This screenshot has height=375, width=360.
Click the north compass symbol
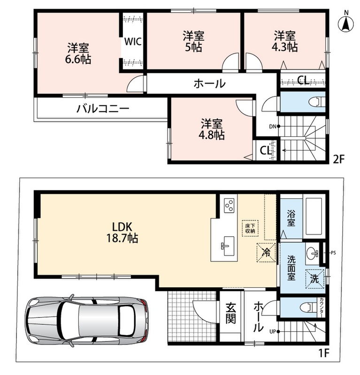(346, 22)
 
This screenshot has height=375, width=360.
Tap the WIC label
(133, 42)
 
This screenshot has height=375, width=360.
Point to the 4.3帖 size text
(284, 47)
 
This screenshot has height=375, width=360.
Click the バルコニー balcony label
(103, 109)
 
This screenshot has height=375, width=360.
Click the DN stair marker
(275, 127)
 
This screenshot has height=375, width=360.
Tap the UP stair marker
(275, 331)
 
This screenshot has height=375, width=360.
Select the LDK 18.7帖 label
(122, 232)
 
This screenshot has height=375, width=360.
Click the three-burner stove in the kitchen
(229, 205)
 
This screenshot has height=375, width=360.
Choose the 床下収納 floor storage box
(250, 228)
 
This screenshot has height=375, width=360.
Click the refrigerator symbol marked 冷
(266, 252)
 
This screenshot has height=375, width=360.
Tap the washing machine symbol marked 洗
(314, 278)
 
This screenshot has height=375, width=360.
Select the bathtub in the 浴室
(314, 216)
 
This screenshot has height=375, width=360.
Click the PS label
(333, 253)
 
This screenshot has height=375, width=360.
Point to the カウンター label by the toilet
(321, 308)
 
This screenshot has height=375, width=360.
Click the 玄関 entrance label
(230, 313)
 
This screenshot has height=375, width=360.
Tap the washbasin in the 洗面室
(312, 253)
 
